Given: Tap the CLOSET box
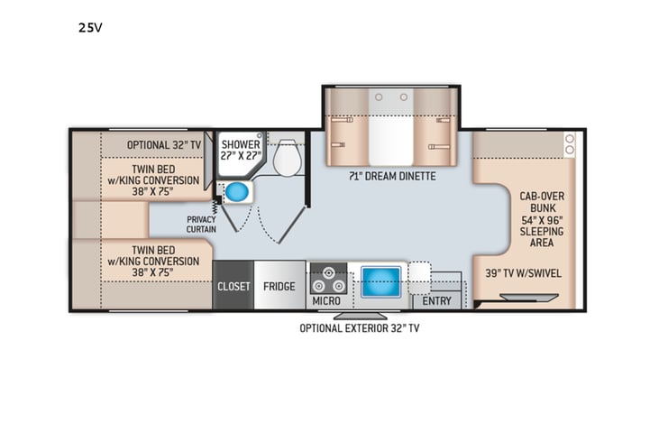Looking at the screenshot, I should point(233,286).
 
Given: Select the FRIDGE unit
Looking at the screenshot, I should point(279,286).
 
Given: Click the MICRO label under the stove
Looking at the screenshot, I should point(325,300).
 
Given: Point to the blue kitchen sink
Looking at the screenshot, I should point(380,280).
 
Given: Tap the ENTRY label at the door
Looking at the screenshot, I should point(437,300).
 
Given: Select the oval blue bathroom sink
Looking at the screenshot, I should point(237,193).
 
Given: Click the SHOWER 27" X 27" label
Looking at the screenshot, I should point(241,150).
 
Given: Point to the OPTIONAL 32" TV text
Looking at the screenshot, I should point(160,144).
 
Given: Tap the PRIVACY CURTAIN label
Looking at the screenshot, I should point(201,224).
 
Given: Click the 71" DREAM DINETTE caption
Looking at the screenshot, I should point(392,176).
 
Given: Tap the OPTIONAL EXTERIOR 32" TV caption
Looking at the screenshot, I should point(359,328).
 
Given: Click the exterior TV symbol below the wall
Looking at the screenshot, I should point(362,316).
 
